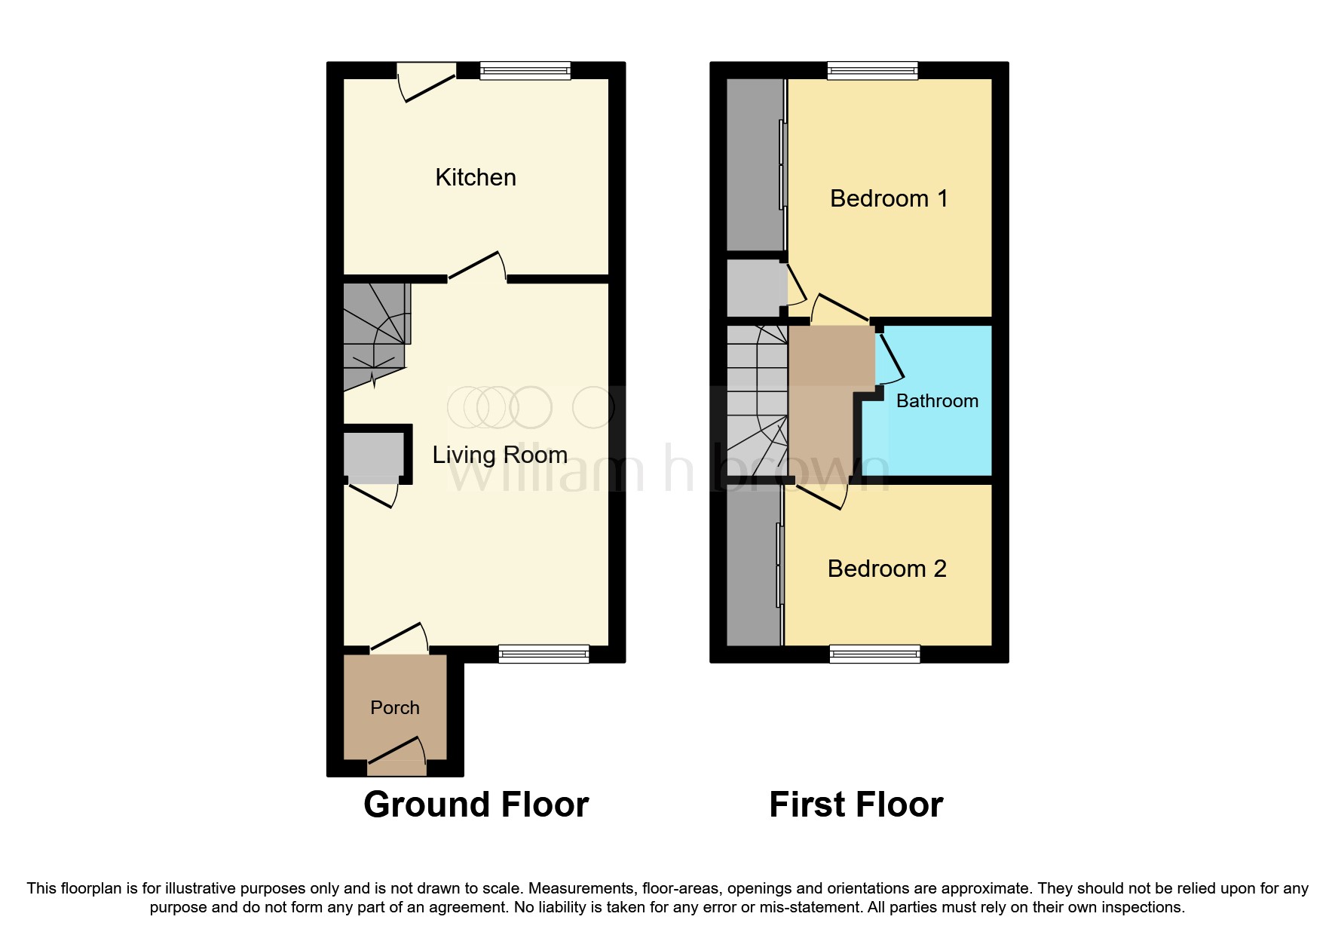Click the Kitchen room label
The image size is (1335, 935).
[476, 178]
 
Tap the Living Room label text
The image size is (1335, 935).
[499, 455]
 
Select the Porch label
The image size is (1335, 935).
[394, 707]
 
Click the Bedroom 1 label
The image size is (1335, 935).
[888, 198]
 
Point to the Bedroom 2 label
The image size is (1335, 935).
[886, 569]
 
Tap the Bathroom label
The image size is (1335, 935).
[937, 401]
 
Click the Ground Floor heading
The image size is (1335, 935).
[476, 805]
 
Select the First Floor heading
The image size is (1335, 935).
[856, 805]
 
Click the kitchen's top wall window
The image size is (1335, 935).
[525, 71]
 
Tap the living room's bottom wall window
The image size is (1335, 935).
[543, 654]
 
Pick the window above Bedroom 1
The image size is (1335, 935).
[872, 71]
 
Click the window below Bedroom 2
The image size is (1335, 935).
[874, 654]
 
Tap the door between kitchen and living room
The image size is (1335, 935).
[476, 268]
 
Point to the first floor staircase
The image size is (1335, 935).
[756, 400]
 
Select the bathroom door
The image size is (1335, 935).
[890, 358]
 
